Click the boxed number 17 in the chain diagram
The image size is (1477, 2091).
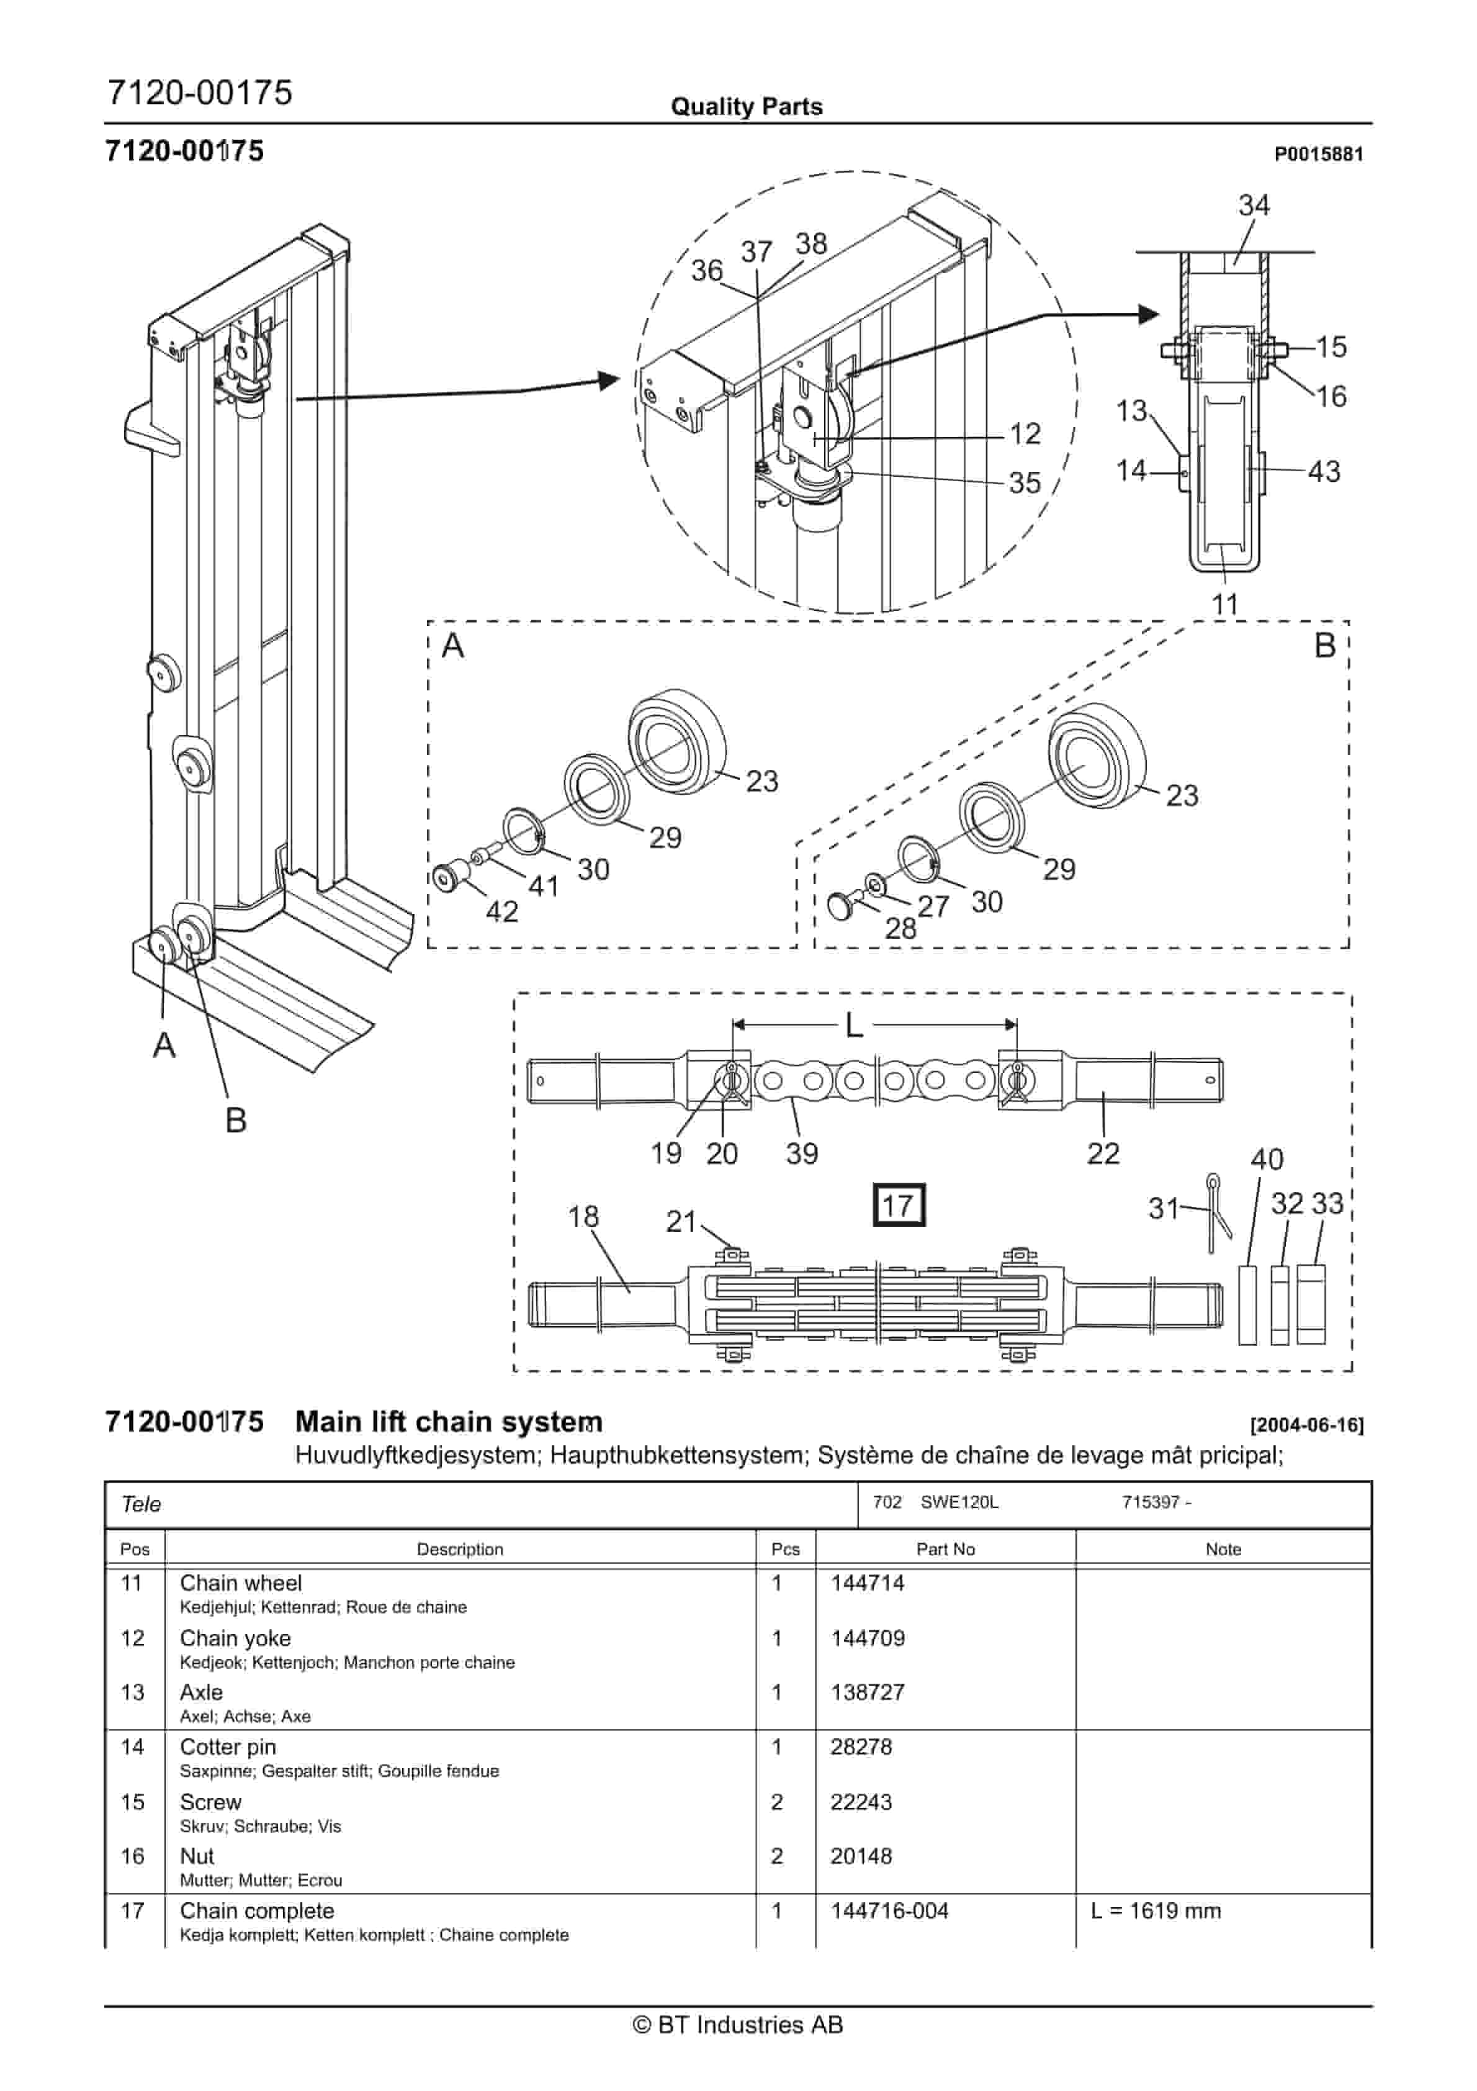898,1205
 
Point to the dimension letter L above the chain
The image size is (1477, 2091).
853,1026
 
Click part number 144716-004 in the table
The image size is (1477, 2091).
889,1911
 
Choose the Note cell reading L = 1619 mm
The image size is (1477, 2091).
1155,1911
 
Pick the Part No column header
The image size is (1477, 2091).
945,1549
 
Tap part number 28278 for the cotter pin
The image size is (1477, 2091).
861,1747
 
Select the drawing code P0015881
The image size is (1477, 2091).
1318,154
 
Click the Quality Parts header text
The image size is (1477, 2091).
746,107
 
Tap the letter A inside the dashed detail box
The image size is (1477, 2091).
452,646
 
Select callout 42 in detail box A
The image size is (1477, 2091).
501,911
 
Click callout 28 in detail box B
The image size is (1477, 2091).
900,928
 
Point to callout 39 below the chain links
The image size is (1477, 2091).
801,1154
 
